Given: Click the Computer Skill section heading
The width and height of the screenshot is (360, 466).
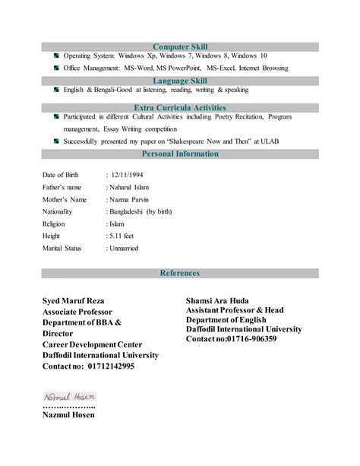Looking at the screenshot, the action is [180, 46].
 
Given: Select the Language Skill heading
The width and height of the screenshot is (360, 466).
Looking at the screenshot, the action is [180, 80].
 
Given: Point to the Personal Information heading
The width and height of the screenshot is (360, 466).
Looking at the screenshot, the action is [180, 154].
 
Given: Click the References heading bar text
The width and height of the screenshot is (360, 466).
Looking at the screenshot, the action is [180, 273].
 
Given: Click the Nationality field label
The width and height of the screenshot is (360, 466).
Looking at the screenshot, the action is [57, 211].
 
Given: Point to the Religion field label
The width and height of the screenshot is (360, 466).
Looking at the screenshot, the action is [53, 223].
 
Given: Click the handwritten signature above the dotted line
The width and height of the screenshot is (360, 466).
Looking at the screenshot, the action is [68, 396].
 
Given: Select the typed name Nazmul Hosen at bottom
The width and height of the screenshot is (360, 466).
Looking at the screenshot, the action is [68, 416].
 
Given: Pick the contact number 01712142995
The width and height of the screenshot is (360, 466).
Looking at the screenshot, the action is [111, 366].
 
